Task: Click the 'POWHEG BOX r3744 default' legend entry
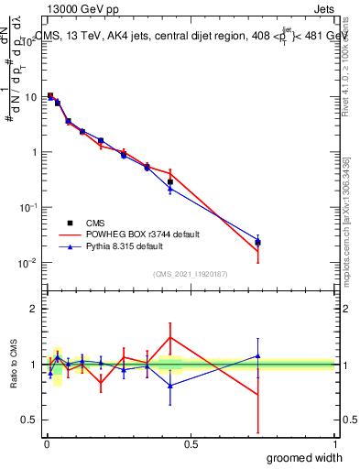click(x=147, y=234)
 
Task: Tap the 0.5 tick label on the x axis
click(x=191, y=443)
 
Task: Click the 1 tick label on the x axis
click(x=334, y=443)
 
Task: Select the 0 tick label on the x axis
click(x=47, y=443)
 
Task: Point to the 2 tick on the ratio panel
click(x=33, y=309)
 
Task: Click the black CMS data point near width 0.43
click(x=170, y=181)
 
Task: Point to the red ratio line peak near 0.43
click(x=170, y=337)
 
